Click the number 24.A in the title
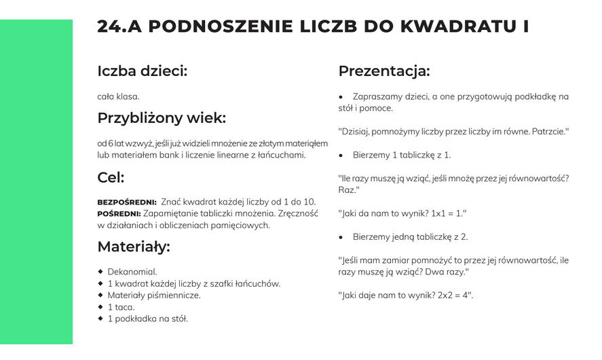tap(118, 26)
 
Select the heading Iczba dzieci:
tap(142, 71)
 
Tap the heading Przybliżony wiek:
tap(161, 118)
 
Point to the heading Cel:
tap(111, 178)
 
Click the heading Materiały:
tap(133, 247)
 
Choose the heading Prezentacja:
tap(383, 71)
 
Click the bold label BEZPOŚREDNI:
tap(127, 202)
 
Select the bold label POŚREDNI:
tap(119, 214)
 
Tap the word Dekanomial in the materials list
tap(132, 272)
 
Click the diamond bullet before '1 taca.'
tap(100, 306)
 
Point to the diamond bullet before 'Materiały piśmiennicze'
tap(100, 295)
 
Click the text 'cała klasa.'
tap(118, 96)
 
